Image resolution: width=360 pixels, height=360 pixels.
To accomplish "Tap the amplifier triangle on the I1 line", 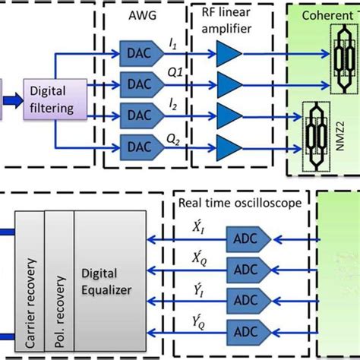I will coord(228,54).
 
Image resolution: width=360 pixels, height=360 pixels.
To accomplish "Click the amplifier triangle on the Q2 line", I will coord(228,144).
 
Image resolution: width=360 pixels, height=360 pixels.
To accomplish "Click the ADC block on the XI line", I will coord(245,238).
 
